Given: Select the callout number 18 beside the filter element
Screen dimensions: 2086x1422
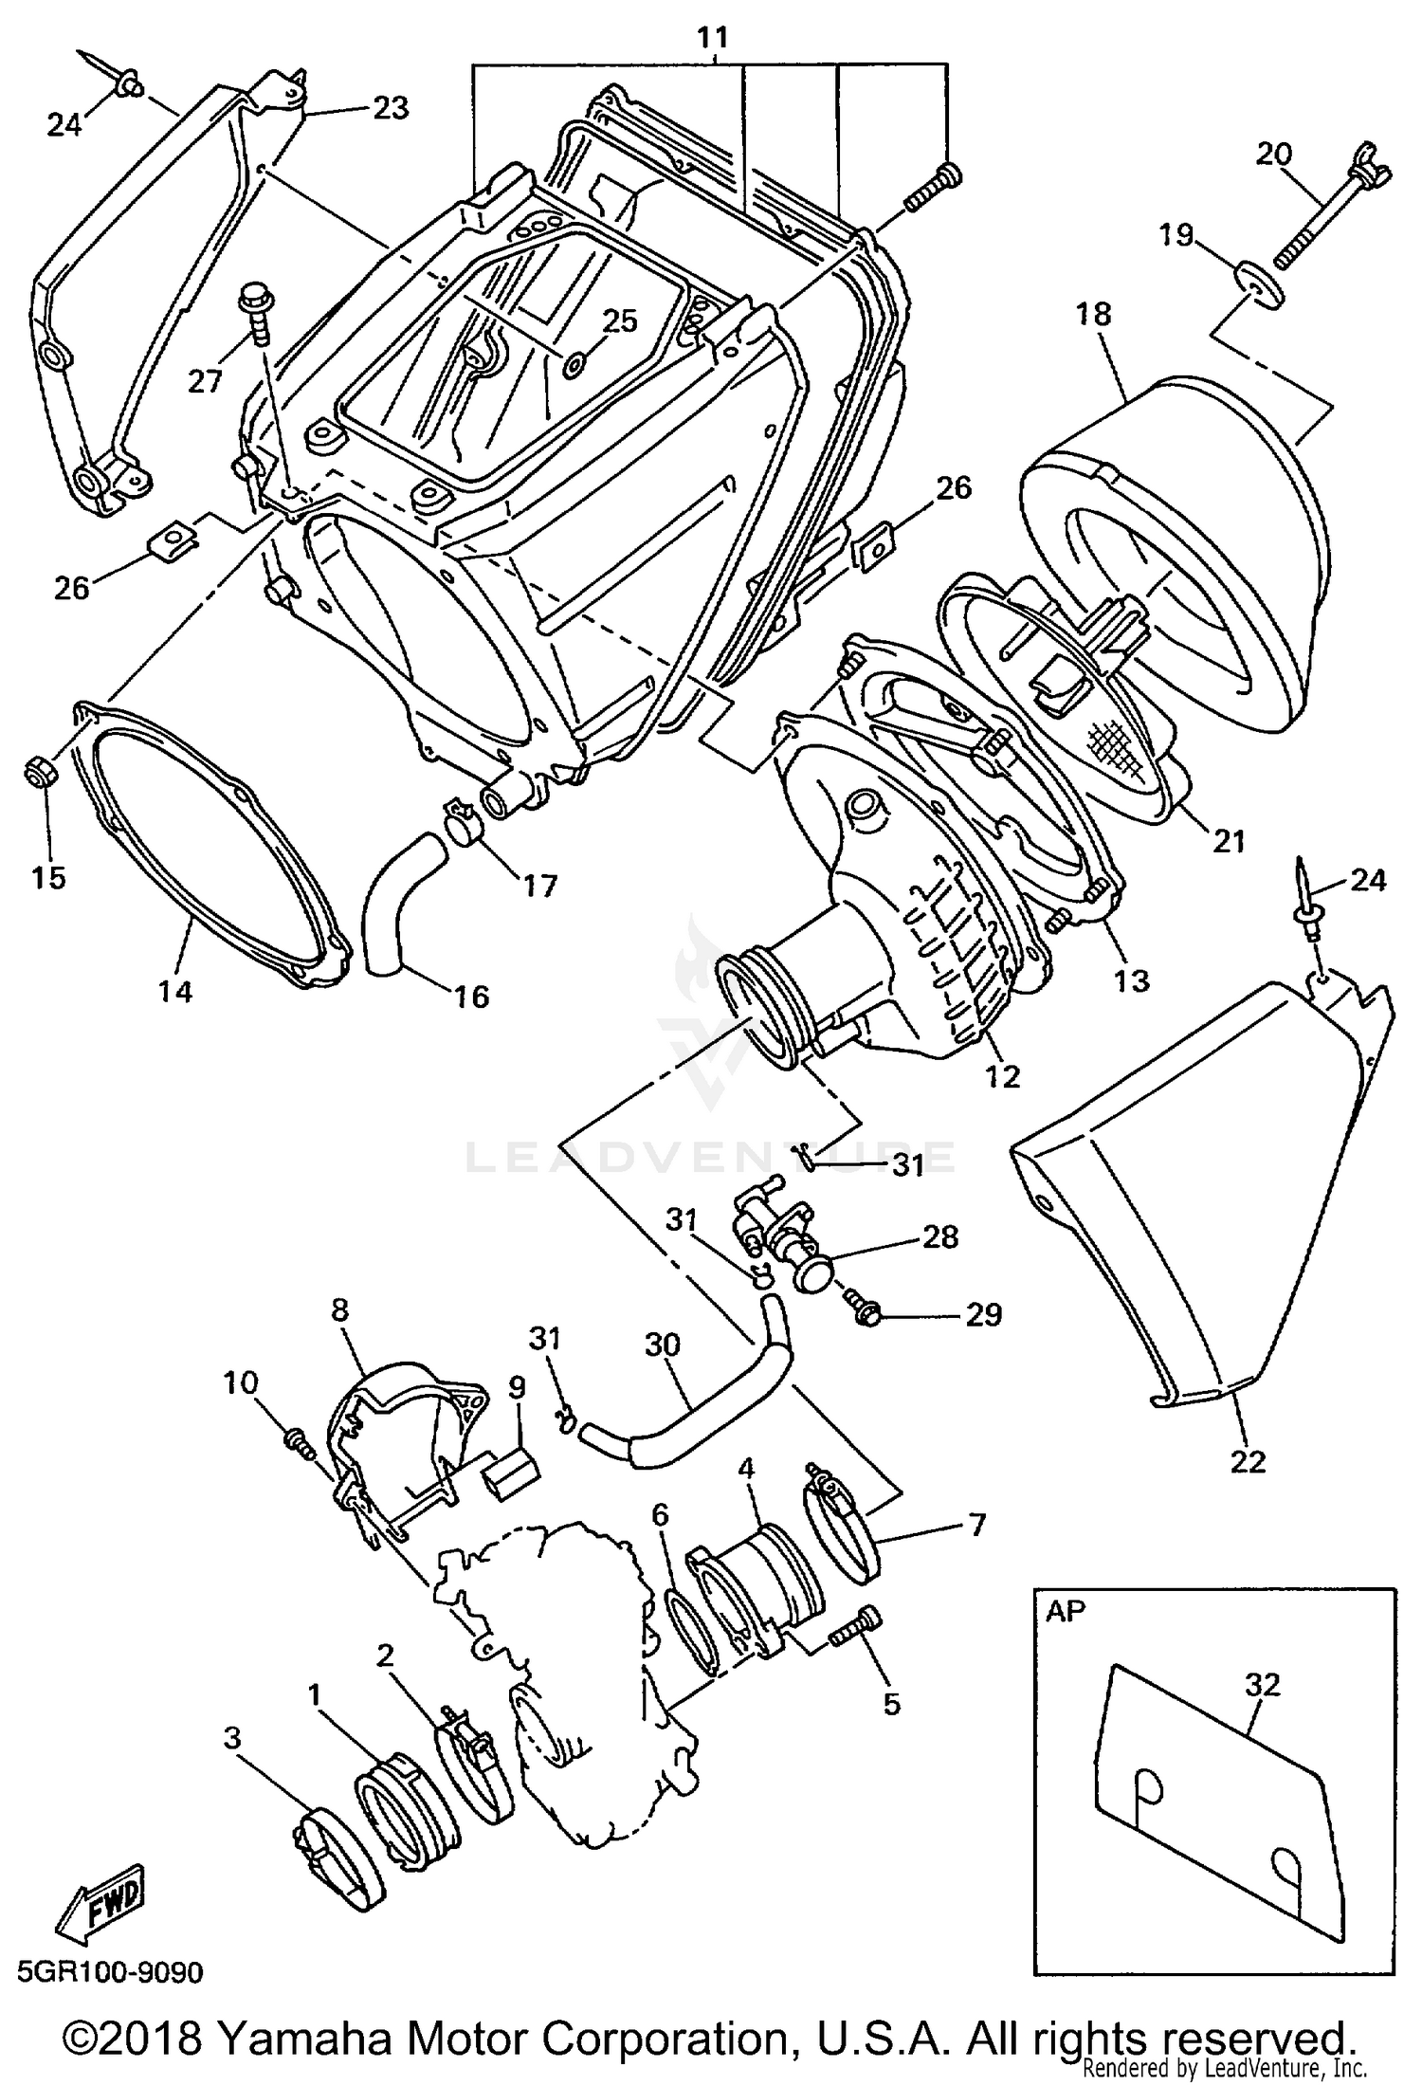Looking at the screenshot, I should click(1094, 315).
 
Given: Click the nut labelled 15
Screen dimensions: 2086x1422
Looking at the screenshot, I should click(39, 776).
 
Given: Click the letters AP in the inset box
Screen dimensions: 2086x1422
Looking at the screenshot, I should click(1066, 1611).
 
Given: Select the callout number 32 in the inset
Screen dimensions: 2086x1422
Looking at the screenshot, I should click(1262, 1685).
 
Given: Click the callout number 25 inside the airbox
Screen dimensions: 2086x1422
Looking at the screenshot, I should click(620, 321).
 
